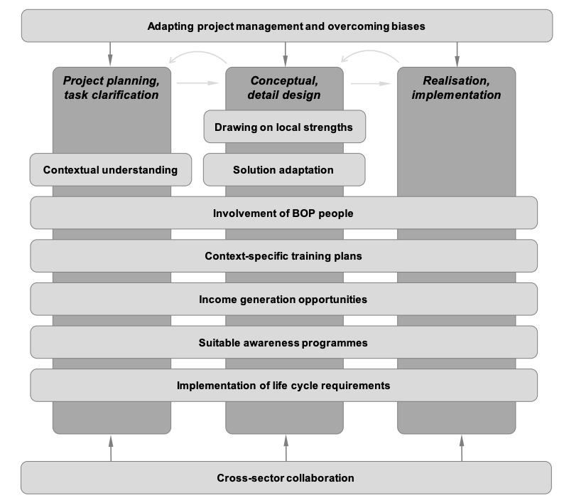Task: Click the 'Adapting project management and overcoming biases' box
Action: click(x=287, y=26)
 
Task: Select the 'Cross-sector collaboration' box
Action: click(x=286, y=477)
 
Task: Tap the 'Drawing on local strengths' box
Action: click(x=285, y=127)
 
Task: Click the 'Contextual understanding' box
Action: click(x=110, y=170)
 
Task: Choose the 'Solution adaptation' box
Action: click(x=284, y=170)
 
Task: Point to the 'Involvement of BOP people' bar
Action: click(x=284, y=213)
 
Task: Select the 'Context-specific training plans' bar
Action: click(x=284, y=256)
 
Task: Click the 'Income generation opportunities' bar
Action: click(x=284, y=299)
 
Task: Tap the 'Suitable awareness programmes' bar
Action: click(x=284, y=342)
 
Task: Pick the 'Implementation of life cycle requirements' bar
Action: click(x=284, y=385)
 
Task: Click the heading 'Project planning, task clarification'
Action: click(x=112, y=88)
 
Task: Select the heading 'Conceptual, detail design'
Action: click(x=284, y=88)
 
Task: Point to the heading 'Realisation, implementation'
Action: click(x=457, y=88)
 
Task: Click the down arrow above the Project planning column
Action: click(x=110, y=54)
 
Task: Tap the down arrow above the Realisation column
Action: click(x=457, y=54)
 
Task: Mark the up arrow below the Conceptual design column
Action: click(x=286, y=448)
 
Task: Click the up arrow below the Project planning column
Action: click(x=111, y=448)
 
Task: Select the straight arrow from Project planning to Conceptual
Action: click(x=198, y=83)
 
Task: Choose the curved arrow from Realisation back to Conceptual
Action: click(x=371, y=52)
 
